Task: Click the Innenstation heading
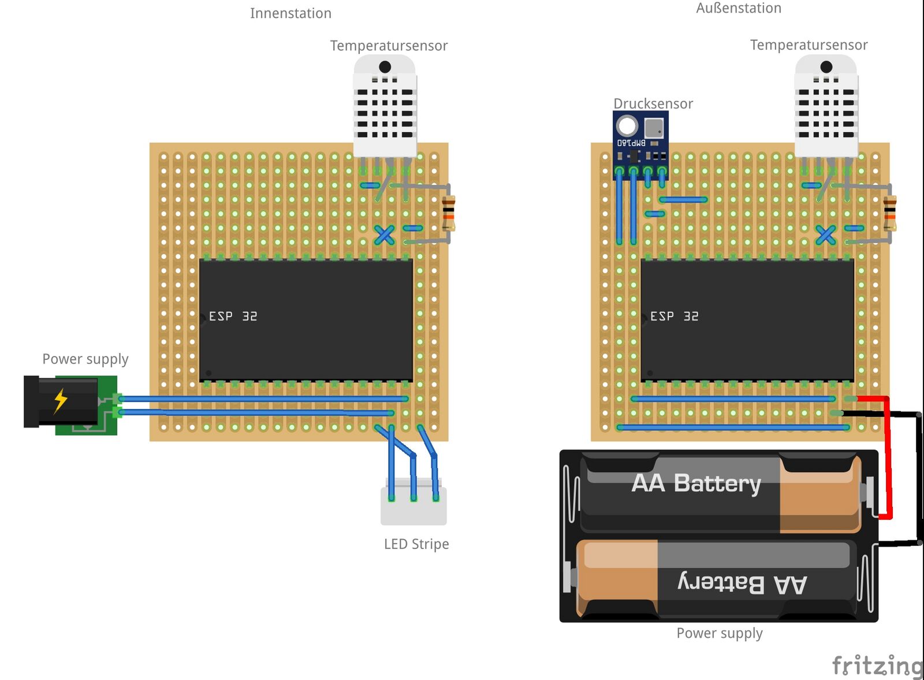click(290, 13)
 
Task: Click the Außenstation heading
click(739, 8)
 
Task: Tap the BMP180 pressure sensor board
click(640, 142)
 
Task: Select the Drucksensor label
click(653, 103)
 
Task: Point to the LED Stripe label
click(416, 544)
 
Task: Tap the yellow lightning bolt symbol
click(61, 400)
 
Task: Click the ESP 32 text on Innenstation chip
click(233, 316)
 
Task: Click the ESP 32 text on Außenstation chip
click(674, 316)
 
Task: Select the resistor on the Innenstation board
click(448, 213)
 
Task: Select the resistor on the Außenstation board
click(890, 213)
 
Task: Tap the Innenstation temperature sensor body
click(385, 107)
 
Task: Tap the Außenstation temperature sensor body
click(826, 107)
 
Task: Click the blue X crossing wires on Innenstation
click(385, 235)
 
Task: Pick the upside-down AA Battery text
click(742, 584)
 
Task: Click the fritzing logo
click(877, 666)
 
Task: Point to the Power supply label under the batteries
click(719, 633)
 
